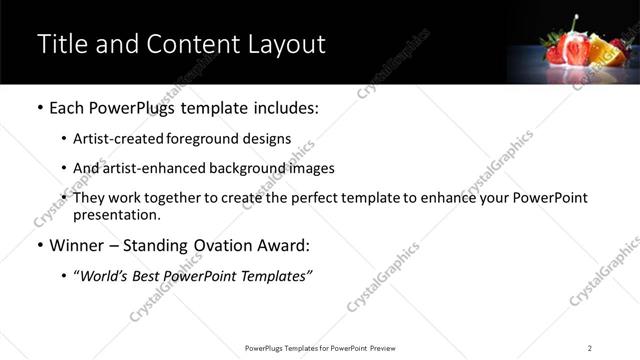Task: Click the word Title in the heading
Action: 63,44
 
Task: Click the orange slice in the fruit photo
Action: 601,49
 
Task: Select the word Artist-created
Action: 120,139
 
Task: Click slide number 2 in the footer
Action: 589,348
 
